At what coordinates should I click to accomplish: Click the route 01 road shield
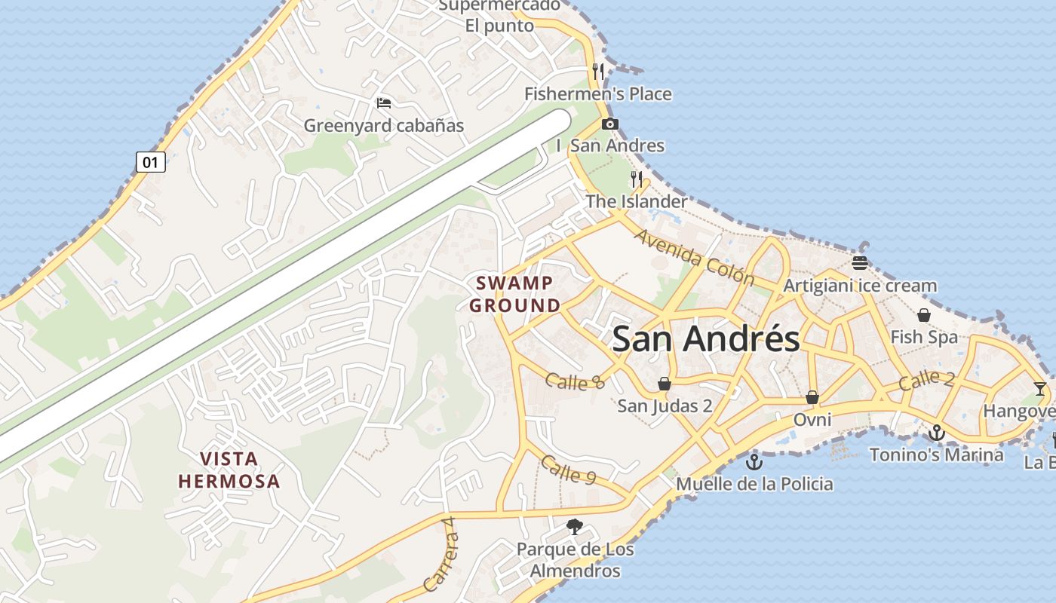[x=151, y=162]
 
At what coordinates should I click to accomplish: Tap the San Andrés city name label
[x=705, y=339]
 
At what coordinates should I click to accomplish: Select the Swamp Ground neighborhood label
[x=515, y=294]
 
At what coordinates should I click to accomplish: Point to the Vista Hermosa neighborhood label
[x=229, y=470]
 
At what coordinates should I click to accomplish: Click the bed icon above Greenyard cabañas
[x=384, y=103]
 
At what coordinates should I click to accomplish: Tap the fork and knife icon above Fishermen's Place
[x=598, y=72]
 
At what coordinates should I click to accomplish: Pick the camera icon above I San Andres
[x=610, y=124]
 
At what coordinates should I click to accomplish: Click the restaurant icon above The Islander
[x=637, y=179]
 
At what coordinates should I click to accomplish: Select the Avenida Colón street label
[x=694, y=257]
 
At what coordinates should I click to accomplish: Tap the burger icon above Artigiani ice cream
[x=860, y=263]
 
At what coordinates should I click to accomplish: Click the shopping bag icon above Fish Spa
[x=923, y=315]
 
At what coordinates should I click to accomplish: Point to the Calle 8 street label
[x=575, y=381]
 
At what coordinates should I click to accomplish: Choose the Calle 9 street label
[x=568, y=470]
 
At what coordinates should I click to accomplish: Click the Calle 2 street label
[x=926, y=381]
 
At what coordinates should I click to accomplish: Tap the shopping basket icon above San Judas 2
[x=665, y=384]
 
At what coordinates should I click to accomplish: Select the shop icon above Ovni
[x=812, y=396]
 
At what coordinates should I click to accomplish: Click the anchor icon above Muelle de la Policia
[x=754, y=461]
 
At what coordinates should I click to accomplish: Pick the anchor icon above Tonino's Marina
[x=936, y=433]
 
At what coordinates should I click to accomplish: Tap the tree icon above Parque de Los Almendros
[x=575, y=527]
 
